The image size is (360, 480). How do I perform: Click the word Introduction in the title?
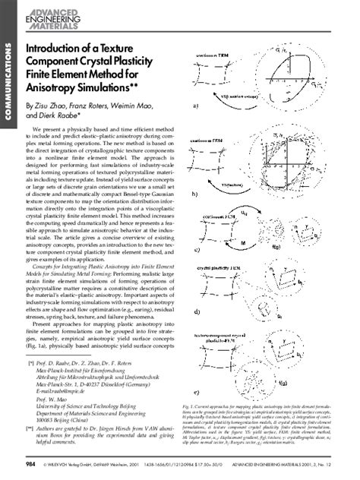(58, 49)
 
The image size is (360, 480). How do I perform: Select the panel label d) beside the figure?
(196, 311)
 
